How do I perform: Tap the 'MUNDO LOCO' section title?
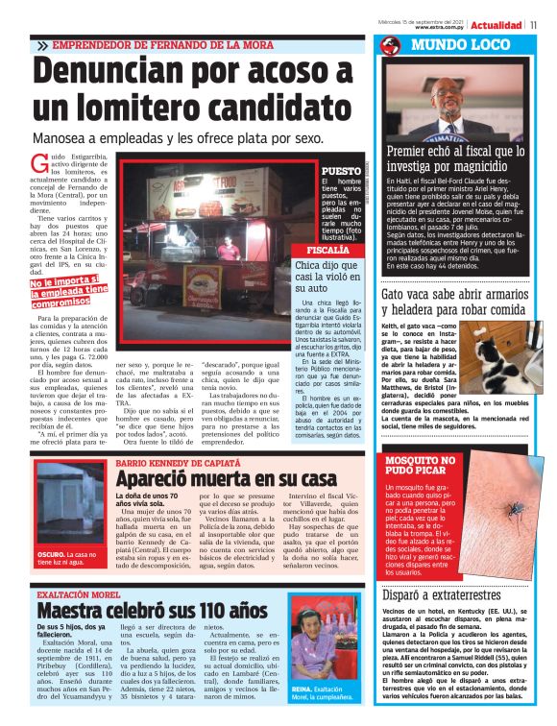[x=450, y=45]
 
